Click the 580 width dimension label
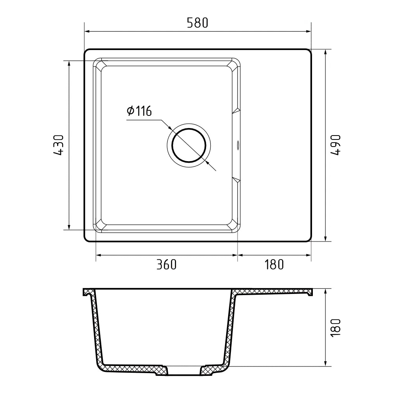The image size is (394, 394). click(197, 23)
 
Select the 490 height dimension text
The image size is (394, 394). click(335, 145)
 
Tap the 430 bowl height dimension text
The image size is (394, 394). click(59, 145)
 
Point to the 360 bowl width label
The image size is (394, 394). click(167, 265)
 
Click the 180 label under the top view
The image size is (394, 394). click(274, 265)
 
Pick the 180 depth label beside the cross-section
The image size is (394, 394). click(335, 328)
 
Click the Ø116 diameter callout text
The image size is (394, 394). click(139, 111)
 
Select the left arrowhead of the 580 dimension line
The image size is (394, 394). click(87, 32)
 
